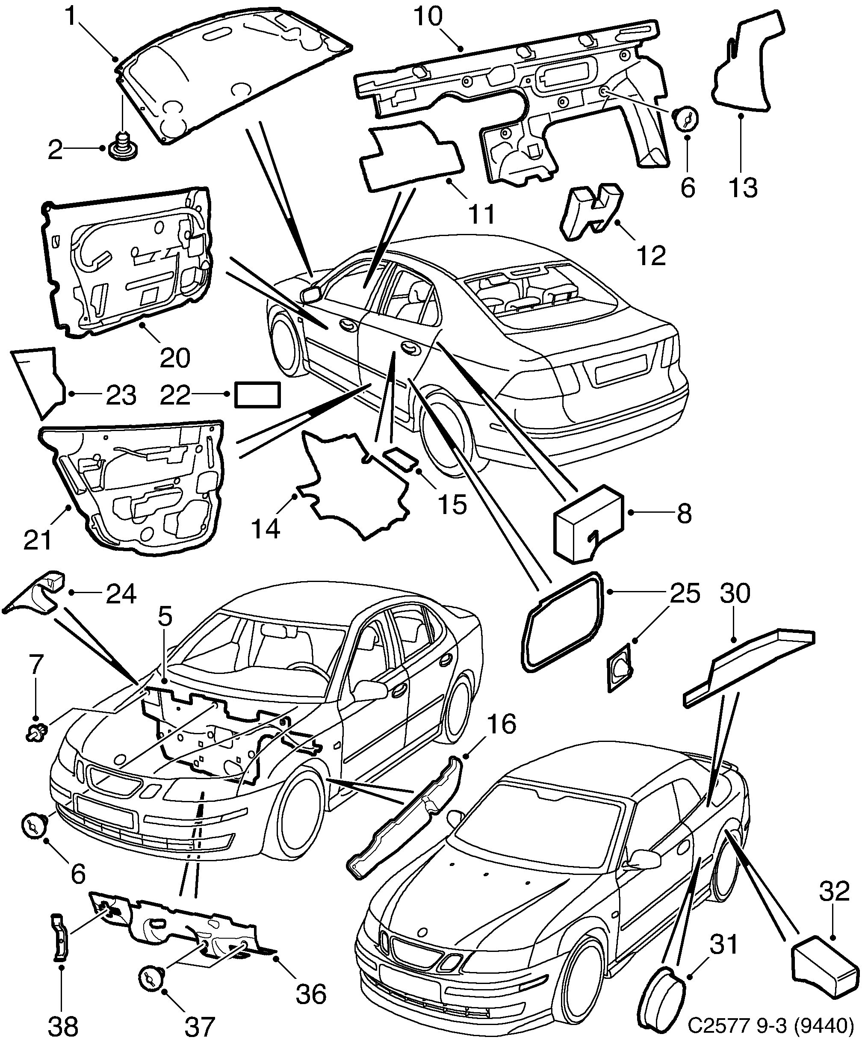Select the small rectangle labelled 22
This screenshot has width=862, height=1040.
257,394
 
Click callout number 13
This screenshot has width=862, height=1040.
743,188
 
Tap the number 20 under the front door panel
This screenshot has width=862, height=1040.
175,357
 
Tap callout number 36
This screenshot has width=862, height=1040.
311,993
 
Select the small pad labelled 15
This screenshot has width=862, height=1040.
401,458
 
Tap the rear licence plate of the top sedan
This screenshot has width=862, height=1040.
620,369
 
